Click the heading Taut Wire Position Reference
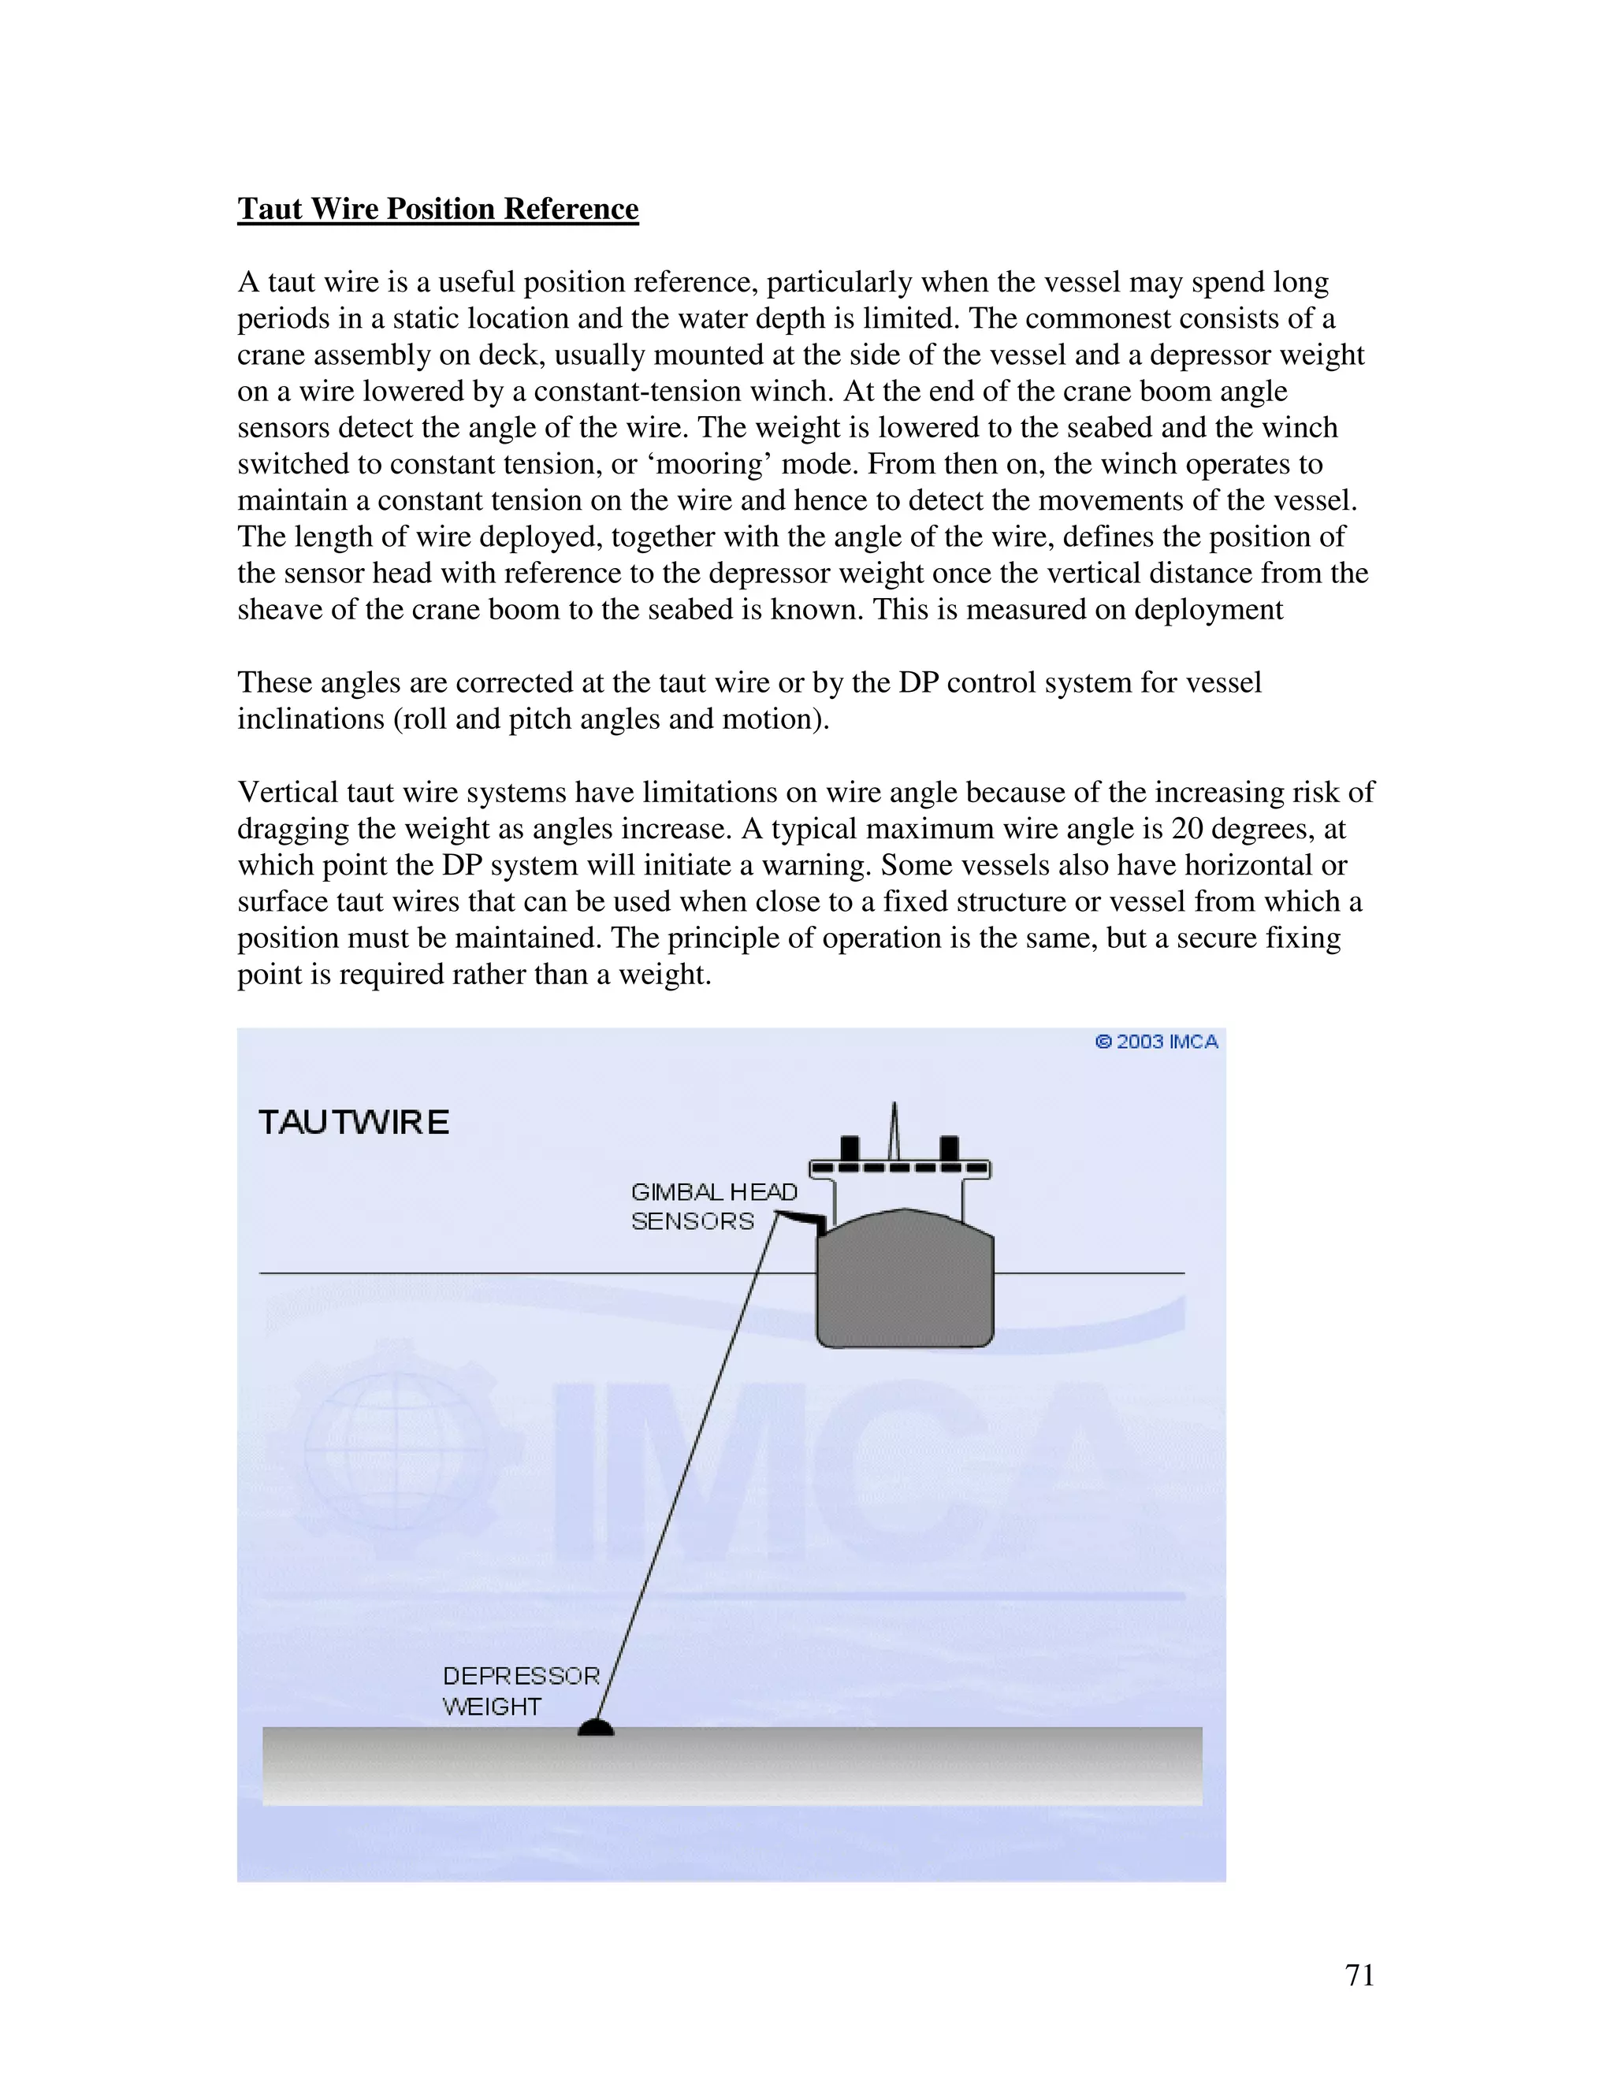pyautogui.click(x=438, y=209)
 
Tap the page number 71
pyautogui.click(x=1359, y=1975)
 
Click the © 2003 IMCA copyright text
pyautogui.click(x=1156, y=1042)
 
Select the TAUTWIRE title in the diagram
pyautogui.click(x=354, y=1122)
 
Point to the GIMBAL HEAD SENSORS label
pyautogui.click(x=712, y=1206)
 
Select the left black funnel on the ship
pyautogui.click(x=848, y=1147)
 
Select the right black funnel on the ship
pyautogui.click(x=949, y=1147)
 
